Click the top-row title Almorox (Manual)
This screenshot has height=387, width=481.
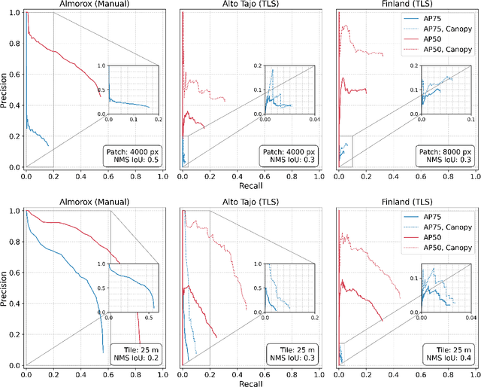[91, 5]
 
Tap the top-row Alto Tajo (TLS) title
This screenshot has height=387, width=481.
[247, 5]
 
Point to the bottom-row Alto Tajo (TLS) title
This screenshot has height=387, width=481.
[247, 202]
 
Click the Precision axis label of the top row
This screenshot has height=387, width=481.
[6, 88]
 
